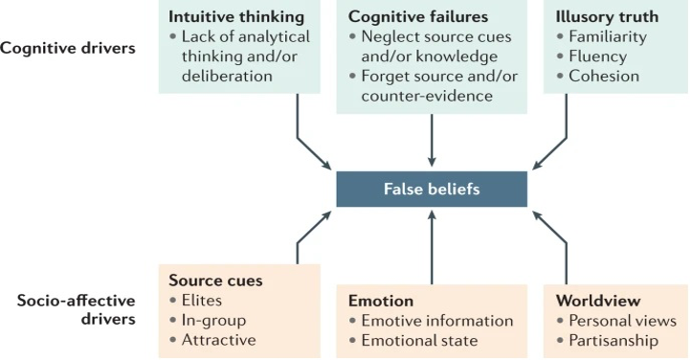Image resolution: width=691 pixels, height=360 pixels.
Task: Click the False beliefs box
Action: pyautogui.click(x=432, y=190)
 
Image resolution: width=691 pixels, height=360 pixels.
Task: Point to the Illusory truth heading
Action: pyautogui.click(x=606, y=16)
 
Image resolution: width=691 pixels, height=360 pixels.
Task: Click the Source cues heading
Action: pyautogui.click(x=215, y=281)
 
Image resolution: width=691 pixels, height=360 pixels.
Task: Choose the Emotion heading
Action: pyautogui.click(x=381, y=301)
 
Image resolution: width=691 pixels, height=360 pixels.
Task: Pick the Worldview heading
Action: pyautogui.click(x=598, y=301)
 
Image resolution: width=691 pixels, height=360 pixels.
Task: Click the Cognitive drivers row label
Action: pyautogui.click(x=68, y=48)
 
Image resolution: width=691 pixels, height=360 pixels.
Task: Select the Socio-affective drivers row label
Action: pyautogui.click(x=76, y=309)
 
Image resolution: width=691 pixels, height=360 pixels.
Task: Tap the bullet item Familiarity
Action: pyautogui.click(x=607, y=36)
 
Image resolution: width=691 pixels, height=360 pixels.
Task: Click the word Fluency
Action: pyautogui.click(x=597, y=56)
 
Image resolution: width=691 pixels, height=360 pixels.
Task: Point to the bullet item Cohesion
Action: pyautogui.click(x=602, y=77)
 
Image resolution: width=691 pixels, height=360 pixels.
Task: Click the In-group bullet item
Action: pyautogui.click(x=212, y=321)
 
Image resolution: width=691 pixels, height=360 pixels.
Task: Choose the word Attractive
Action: pyautogui.click(x=218, y=340)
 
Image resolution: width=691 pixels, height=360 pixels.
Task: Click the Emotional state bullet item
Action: pyautogui.click(x=418, y=341)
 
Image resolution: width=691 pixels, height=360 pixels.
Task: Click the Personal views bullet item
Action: pyautogui.click(x=622, y=321)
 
